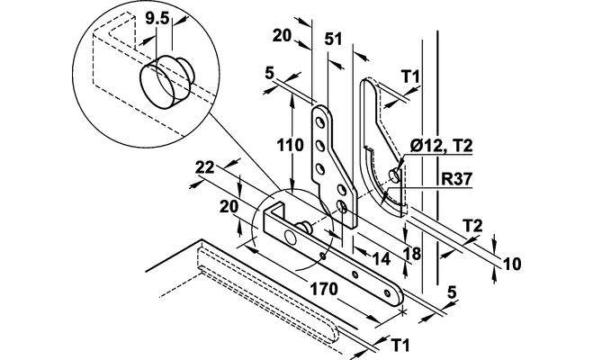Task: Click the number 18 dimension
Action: click(x=412, y=255)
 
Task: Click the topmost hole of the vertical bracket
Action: click(x=319, y=119)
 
